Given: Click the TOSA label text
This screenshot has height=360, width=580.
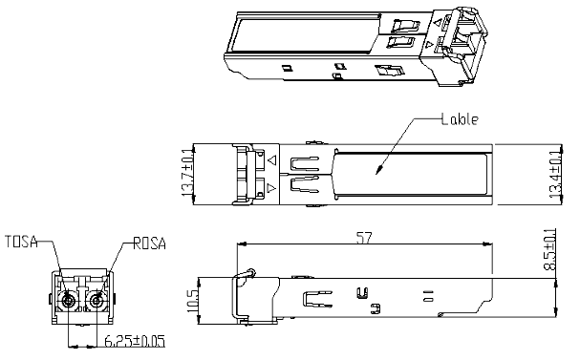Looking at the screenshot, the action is click(x=21, y=242).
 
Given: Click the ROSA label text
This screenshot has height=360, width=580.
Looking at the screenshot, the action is click(x=149, y=244).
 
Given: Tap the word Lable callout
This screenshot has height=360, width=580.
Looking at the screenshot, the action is click(x=460, y=119).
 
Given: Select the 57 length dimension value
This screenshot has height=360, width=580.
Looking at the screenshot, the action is click(x=364, y=237).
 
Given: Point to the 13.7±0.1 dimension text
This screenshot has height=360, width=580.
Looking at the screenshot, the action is click(x=187, y=173).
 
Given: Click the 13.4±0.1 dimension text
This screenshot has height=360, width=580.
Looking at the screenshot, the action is click(x=555, y=175).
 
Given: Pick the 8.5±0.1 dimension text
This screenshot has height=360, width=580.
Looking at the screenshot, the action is click(x=550, y=250).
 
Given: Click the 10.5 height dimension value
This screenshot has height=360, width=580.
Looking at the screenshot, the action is click(x=192, y=301).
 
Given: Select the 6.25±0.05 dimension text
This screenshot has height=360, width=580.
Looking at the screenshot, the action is click(x=135, y=341).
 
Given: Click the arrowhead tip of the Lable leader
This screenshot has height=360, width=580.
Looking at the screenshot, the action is click(x=376, y=174).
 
